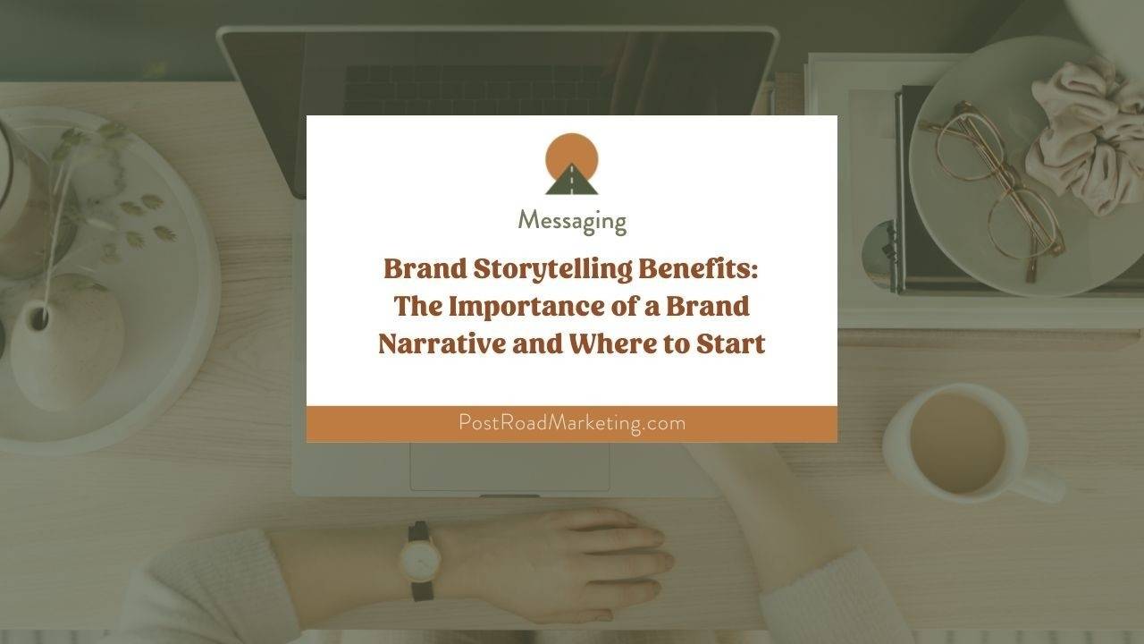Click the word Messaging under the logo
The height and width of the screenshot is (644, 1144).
[x=572, y=220]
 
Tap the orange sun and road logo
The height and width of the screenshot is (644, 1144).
[x=572, y=165]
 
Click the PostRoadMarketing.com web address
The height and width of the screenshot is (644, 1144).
[x=572, y=423]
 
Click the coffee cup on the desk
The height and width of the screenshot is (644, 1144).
[x=956, y=443]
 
